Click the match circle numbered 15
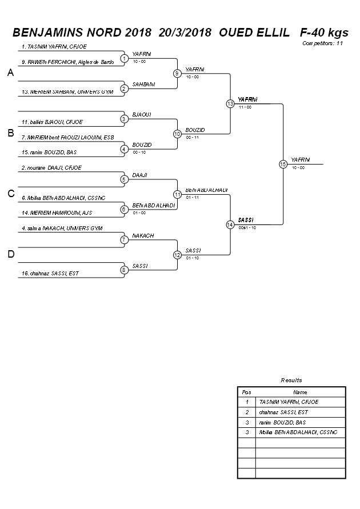(x=283, y=164)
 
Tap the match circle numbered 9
(x=177, y=73)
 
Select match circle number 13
(x=230, y=104)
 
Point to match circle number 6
(x=124, y=209)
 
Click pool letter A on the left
(x=10, y=73)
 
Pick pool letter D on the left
(x=10, y=254)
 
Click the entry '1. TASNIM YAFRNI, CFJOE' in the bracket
(x=54, y=46)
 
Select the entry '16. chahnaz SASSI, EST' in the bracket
(x=50, y=273)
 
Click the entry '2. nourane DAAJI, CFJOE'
(x=51, y=167)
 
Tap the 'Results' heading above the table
(x=291, y=380)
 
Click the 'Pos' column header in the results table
(x=246, y=392)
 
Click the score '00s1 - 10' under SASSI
(x=247, y=227)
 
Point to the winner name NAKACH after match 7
(x=143, y=235)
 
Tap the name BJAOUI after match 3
(x=141, y=114)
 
